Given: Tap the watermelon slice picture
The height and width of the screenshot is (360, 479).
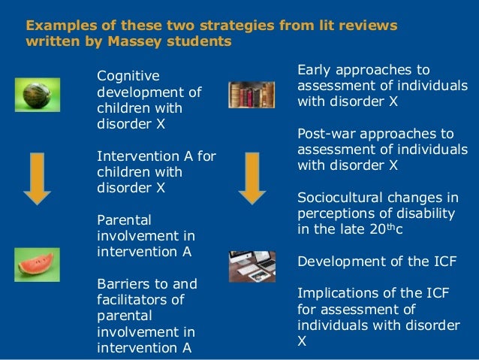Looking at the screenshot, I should click(x=37, y=265).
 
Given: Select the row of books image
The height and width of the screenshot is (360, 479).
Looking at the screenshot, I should click(x=249, y=95).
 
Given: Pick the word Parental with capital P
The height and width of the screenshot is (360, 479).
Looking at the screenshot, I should click(x=125, y=220).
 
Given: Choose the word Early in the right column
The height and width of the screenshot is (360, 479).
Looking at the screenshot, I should click(x=315, y=69).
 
